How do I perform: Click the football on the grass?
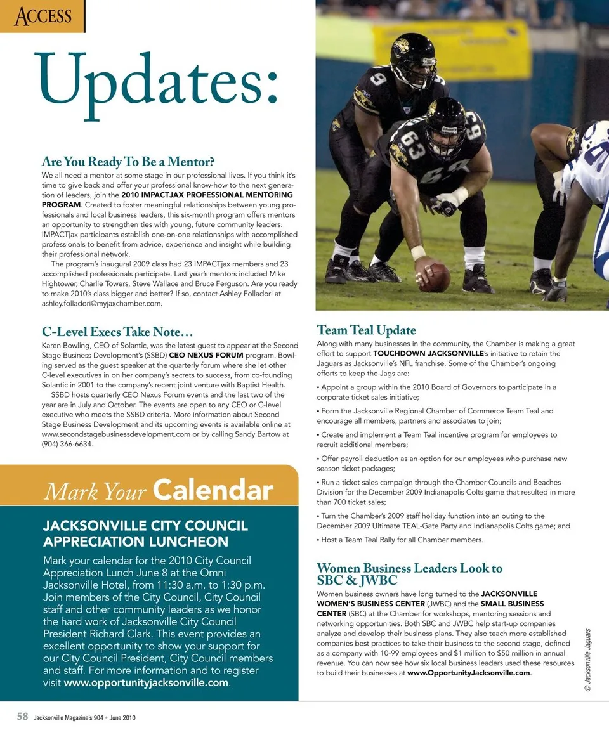[435, 278]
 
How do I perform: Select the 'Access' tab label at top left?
[43, 15]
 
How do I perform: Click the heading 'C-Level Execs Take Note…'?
[117, 332]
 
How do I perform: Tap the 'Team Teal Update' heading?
[366, 330]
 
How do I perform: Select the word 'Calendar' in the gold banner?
[213, 490]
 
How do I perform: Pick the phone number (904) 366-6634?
[67, 444]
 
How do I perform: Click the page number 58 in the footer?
[22, 717]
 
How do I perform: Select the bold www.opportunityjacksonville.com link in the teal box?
[146, 683]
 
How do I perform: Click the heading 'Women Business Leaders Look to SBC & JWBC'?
[409, 574]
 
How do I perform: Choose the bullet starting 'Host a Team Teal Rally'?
[400, 540]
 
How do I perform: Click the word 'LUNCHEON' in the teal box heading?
[178, 542]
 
